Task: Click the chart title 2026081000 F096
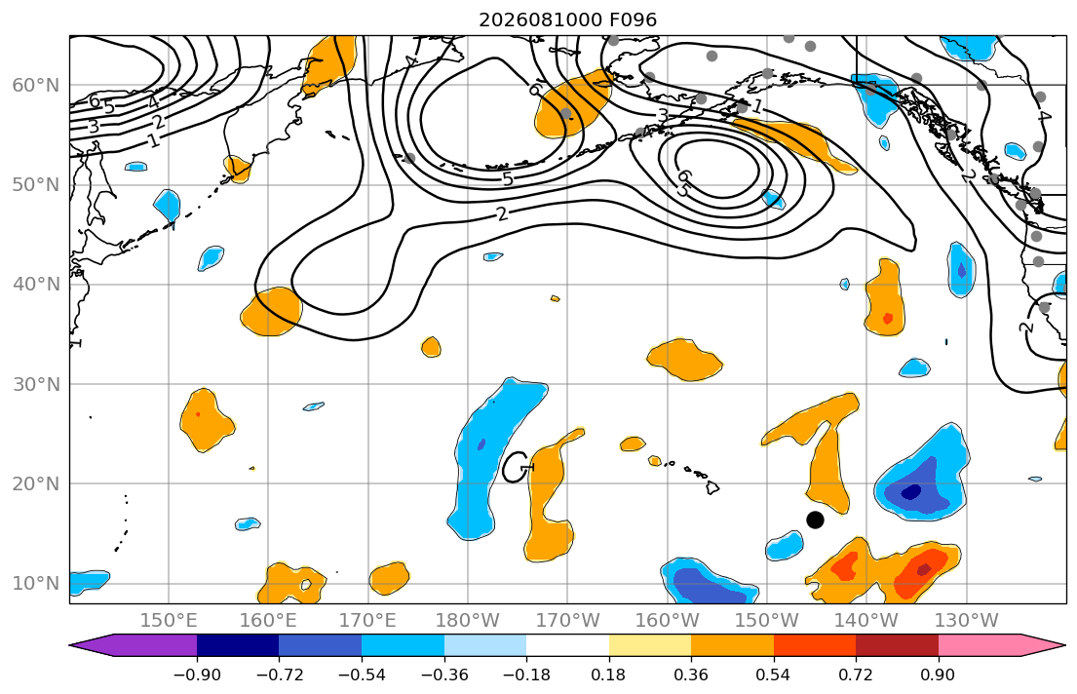tap(567, 19)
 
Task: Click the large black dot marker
tap(815, 520)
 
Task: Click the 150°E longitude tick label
tap(169, 621)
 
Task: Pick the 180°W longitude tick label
tap(468, 621)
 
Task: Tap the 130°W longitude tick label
tap(967, 621)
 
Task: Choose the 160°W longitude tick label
tap(668, 621)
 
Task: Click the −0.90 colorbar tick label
tap(197, 675)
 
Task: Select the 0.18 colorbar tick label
tap(608, 675)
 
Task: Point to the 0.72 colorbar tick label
tap(856, 675)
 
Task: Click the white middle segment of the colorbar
tap(567, 645)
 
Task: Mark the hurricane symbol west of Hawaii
tap(517, 467)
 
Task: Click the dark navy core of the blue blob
tap(910, 492)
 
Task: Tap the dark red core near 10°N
tap(924, 569)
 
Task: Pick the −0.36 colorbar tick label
tap(443, 675)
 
